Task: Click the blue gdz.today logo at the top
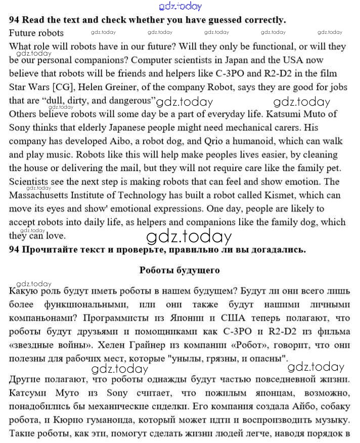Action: [x=180, y=6]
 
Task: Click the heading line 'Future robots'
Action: [x=36, y=33]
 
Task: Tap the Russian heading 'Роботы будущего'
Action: [x=179, y=270]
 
